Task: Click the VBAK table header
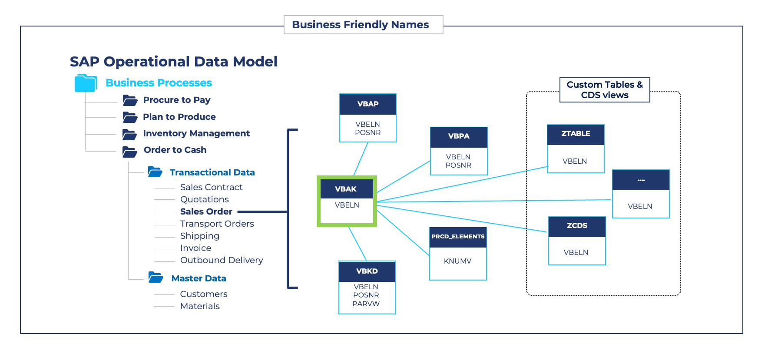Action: coord(346,189)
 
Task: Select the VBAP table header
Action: coord(368,104)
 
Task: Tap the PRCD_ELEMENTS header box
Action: coord(458,237)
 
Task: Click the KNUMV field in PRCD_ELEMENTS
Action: coord(457,261)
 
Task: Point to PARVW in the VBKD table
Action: coord(366,304)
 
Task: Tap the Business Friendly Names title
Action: coord(361,25)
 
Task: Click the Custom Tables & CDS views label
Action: coord(605,90)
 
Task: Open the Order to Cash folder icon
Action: coord(129,152)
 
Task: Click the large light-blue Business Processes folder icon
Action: coord(86,83)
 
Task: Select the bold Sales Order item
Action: coord(206,211)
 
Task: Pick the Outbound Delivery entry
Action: coord(222,260)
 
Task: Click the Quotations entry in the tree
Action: coord(205,199)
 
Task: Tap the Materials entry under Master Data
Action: coord(200,306)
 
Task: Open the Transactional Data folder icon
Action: coord(155,172)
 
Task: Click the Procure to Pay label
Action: coord(177,100)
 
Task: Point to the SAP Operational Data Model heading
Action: coord(173,62)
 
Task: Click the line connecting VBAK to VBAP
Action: coord(361,159)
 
